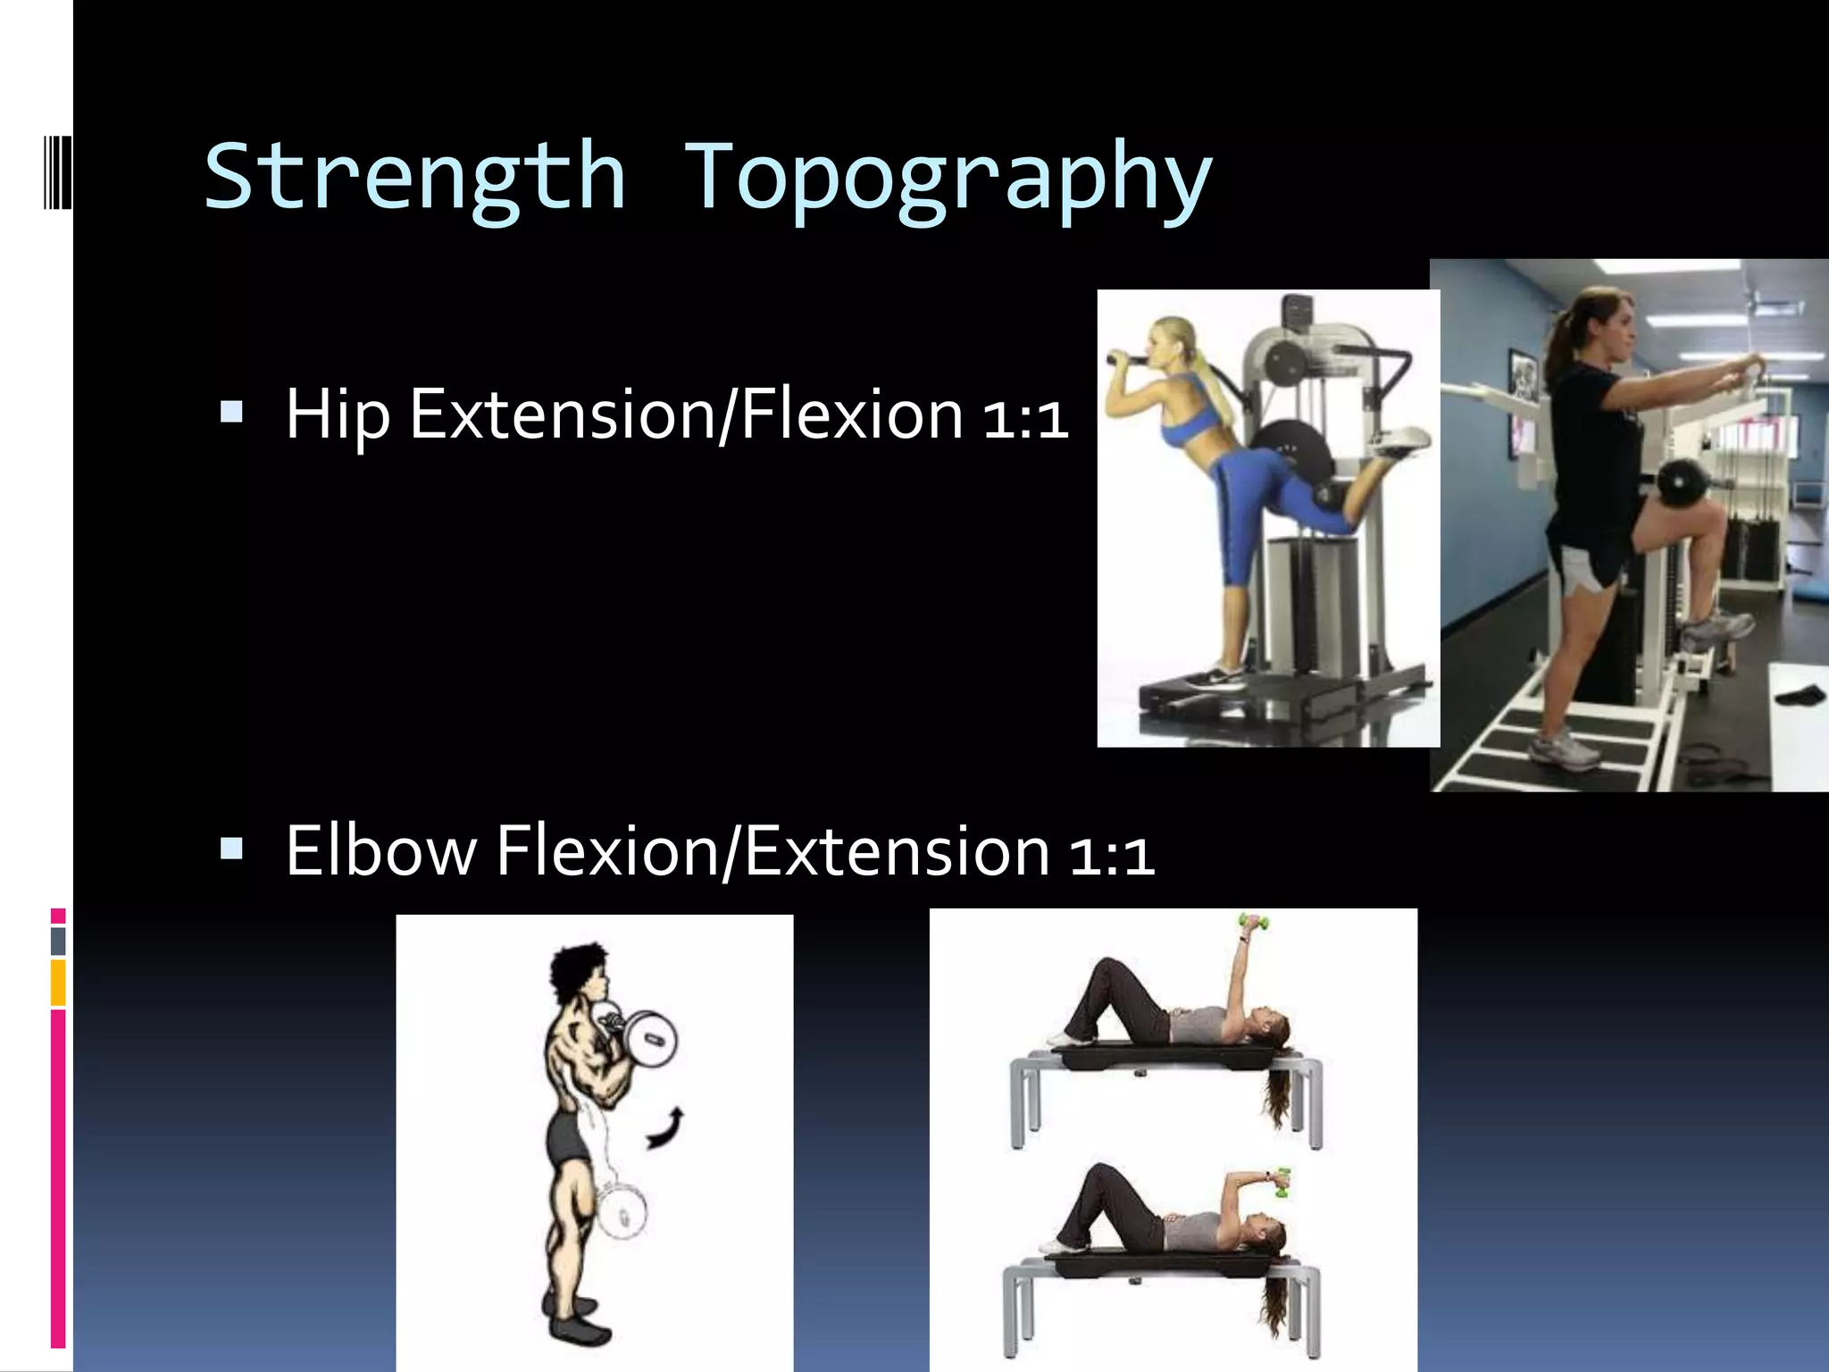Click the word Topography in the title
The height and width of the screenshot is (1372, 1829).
coord(948,179)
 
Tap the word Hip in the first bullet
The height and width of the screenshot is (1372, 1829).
coord(338,415)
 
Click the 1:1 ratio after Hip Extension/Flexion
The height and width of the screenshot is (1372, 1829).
coord(1025,418)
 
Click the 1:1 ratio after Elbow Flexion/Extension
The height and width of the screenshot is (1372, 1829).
coord(1111,853)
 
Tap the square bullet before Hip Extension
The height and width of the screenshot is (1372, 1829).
coord(231,412)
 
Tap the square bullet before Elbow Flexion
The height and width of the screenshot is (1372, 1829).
coord(231,848)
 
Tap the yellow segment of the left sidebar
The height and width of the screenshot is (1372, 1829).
coord(58,983)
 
